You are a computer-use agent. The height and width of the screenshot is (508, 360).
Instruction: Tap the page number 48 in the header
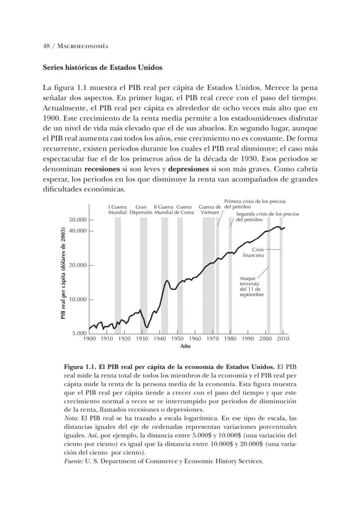point(46,46)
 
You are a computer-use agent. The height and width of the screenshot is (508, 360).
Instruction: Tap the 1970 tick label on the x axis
point(213,338)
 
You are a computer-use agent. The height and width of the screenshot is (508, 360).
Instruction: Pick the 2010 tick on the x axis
point(283,338)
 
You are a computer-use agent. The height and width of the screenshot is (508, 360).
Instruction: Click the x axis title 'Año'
point(185,346)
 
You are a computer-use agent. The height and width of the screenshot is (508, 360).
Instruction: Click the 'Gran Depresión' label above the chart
point(141,210)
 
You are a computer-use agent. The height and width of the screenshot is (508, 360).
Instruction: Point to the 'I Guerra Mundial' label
point(117,210)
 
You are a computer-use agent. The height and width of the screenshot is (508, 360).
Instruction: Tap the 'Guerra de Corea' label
point(184,210)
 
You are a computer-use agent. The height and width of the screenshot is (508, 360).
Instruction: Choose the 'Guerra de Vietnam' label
point(210,210)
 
